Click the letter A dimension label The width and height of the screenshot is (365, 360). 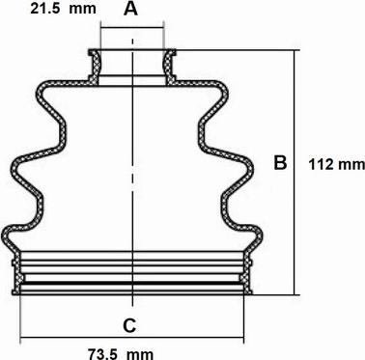tap(130, 9)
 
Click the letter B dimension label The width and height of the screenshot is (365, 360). tap(280, 162)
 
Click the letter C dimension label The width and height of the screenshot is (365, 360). tap(130, 325)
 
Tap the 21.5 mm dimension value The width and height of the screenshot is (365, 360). tap(63, 9)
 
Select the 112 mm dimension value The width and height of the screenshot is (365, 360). tap(337, 165)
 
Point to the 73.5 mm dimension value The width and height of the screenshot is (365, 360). tap(121, 354)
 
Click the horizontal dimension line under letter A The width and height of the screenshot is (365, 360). tap(132, 28)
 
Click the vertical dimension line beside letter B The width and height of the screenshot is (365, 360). tap(294, 173)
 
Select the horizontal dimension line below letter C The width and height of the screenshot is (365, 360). tap(132, 338)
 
